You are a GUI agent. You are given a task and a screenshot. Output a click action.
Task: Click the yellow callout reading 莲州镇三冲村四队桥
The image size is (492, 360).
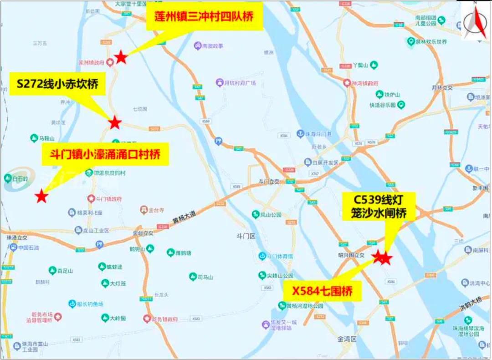[x=204, y=16]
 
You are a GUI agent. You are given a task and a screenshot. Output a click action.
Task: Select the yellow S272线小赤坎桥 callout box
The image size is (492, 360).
[x=57, y=84]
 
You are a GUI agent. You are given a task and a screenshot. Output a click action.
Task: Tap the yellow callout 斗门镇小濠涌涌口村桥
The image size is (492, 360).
[x=105, y=154]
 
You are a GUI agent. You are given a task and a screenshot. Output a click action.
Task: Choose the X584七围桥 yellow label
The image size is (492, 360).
[x=323, y=291]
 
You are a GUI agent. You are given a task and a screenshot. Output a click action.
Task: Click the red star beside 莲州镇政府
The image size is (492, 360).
[x=121, y=57]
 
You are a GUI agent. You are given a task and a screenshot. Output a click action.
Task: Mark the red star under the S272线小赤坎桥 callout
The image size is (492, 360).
[x=115, y=122]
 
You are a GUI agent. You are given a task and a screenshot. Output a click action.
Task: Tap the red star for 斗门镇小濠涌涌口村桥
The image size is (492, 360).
[x=41, y=197]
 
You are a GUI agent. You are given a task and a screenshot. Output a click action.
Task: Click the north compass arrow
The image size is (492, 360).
[x=475, y=20]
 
